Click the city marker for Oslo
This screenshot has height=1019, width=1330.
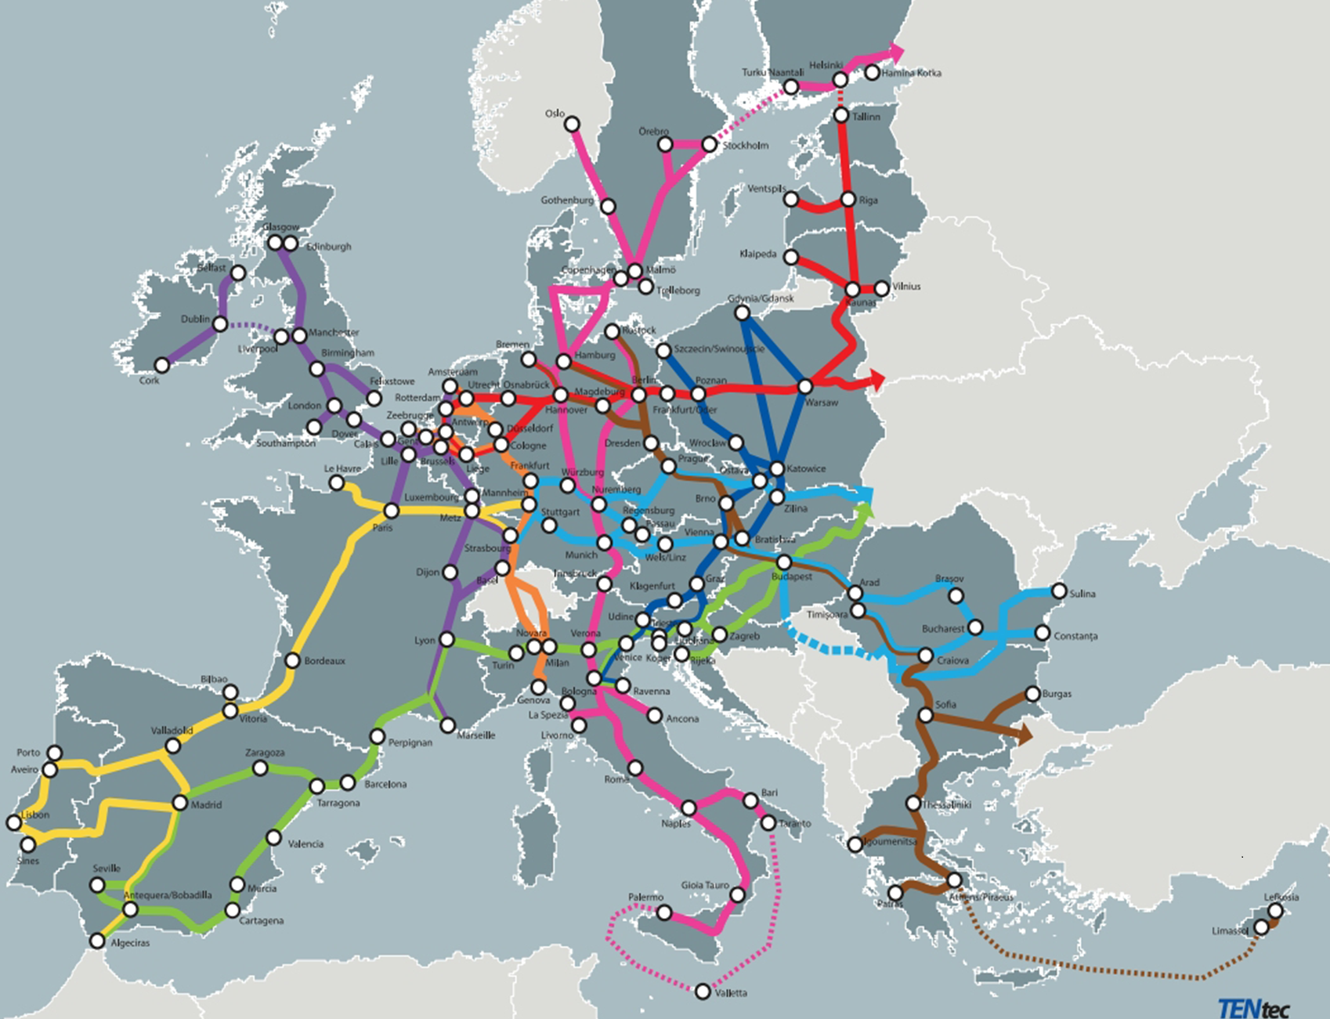tap(573, 125)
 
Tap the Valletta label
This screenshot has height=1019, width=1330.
tap(731, 993)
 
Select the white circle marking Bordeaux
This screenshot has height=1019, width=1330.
tap(292, 660)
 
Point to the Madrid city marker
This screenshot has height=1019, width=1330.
tap(180, 803)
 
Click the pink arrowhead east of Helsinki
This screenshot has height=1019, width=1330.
tap(895, 52)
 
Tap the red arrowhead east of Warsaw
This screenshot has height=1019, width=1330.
tap(877, 381)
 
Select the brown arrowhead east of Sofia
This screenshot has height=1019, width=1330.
tap(1024, 734)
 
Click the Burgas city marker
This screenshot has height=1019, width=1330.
tap(1032, 694)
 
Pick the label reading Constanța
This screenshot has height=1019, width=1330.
tap(1075, 636)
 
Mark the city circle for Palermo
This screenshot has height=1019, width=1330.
tap(664, 912)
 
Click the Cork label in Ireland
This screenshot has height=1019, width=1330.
tap(149, 381)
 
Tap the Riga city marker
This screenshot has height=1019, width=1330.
tap(848, 200)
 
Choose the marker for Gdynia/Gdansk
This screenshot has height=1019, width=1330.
tap(742, 313)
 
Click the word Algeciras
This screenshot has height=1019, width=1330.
tap(130, 943)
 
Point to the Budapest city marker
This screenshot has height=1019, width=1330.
tap(783, 562)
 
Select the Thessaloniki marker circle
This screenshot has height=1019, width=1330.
tap(913, 804)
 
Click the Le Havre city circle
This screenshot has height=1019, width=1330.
tap(337, 483)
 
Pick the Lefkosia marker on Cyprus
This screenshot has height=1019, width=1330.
tap(1276, 911)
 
